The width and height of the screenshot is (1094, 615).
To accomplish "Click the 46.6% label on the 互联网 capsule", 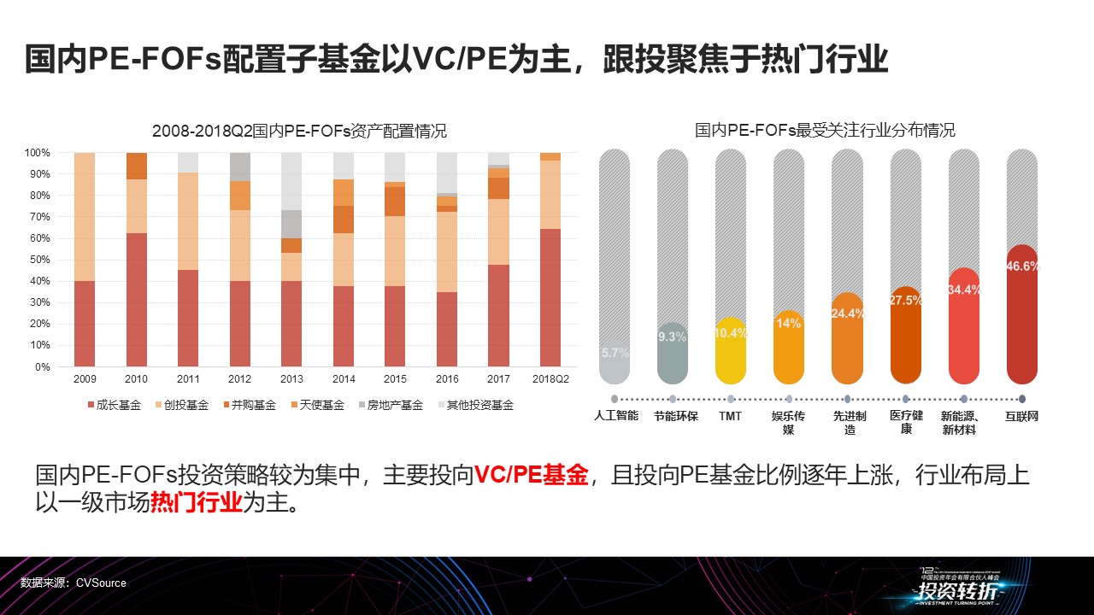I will (1023, 266).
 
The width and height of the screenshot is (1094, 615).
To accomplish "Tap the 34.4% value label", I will (964, 290).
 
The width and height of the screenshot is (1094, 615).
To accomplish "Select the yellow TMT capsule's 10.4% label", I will (731, 333).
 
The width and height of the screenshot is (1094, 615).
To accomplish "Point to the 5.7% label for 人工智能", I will (615, 352).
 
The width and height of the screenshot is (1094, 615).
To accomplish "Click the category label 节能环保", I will (675, 416).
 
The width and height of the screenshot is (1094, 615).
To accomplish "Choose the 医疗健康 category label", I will (906, 422).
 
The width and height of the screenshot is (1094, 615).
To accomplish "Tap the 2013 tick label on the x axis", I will (292, 378).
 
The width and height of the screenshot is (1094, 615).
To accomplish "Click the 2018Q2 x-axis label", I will (550, 378).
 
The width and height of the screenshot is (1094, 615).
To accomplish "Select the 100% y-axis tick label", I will (38, 153).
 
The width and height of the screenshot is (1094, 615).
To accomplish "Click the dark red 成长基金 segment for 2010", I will (137, 299).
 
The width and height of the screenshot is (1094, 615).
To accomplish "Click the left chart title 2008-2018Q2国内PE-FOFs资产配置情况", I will (299, 132).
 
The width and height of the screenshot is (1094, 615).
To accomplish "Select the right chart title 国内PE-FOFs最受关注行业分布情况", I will (825, 131).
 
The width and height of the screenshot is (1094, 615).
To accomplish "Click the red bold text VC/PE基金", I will (532, 475).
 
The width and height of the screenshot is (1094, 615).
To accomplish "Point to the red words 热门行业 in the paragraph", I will (197, 502).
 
